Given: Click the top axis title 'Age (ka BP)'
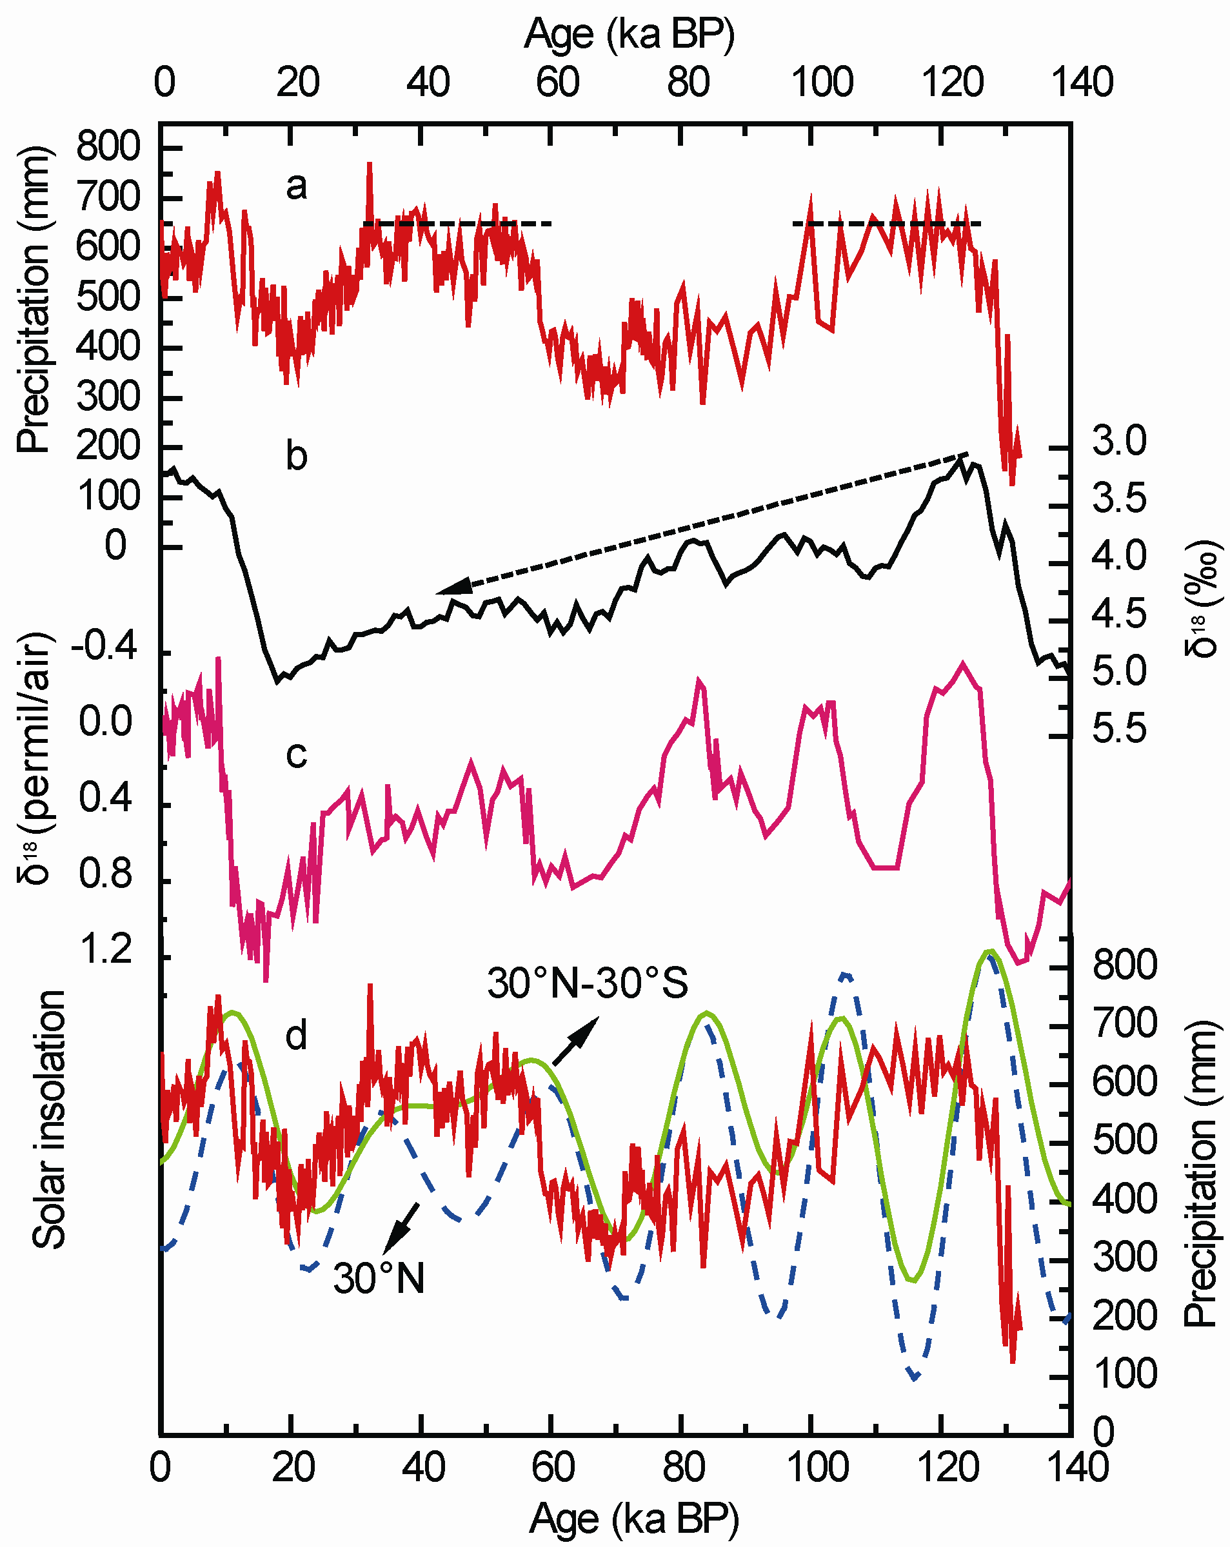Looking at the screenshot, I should [x=630, y=34].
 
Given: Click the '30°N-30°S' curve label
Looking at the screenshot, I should [x=588, y=983].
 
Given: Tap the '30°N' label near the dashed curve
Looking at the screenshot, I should [x=379, y=1278].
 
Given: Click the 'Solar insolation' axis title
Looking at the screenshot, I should [x=50, y=1120].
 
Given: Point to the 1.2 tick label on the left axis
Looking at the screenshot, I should [x=106, y=949].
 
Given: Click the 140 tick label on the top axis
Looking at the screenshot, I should [x=1082, y=82].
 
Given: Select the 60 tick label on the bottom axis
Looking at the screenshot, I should [x=553, y=1466].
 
